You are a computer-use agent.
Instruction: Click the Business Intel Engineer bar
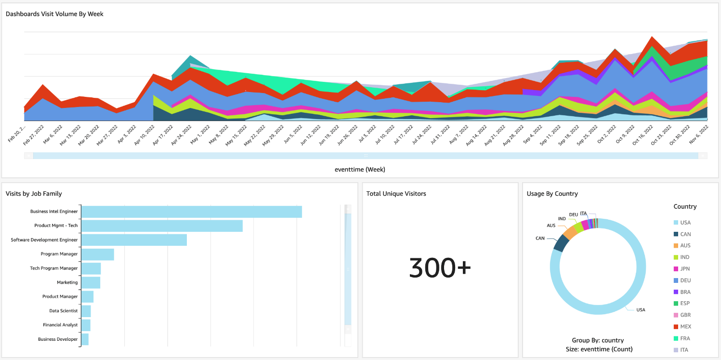coord(192,212)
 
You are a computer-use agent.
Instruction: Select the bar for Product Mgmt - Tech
coord(162,226)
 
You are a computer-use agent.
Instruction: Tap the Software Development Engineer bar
coord(134,240)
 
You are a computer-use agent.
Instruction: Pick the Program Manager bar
coord(98,254)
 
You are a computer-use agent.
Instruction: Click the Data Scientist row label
coord(63,311)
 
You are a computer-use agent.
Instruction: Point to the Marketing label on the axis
coord(67,283)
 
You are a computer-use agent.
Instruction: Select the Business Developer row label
coord(58,340)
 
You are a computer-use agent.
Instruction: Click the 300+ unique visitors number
coord(440,267)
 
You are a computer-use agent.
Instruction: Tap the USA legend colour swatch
coord(676,223)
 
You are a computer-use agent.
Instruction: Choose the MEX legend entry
coord(685,327)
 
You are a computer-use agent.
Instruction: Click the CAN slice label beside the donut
coord(540,238)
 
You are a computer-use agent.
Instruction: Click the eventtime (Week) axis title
coord(360,170)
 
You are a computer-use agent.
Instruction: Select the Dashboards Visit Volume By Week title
coord(54,14)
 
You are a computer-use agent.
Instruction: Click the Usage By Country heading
coord(552,194)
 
